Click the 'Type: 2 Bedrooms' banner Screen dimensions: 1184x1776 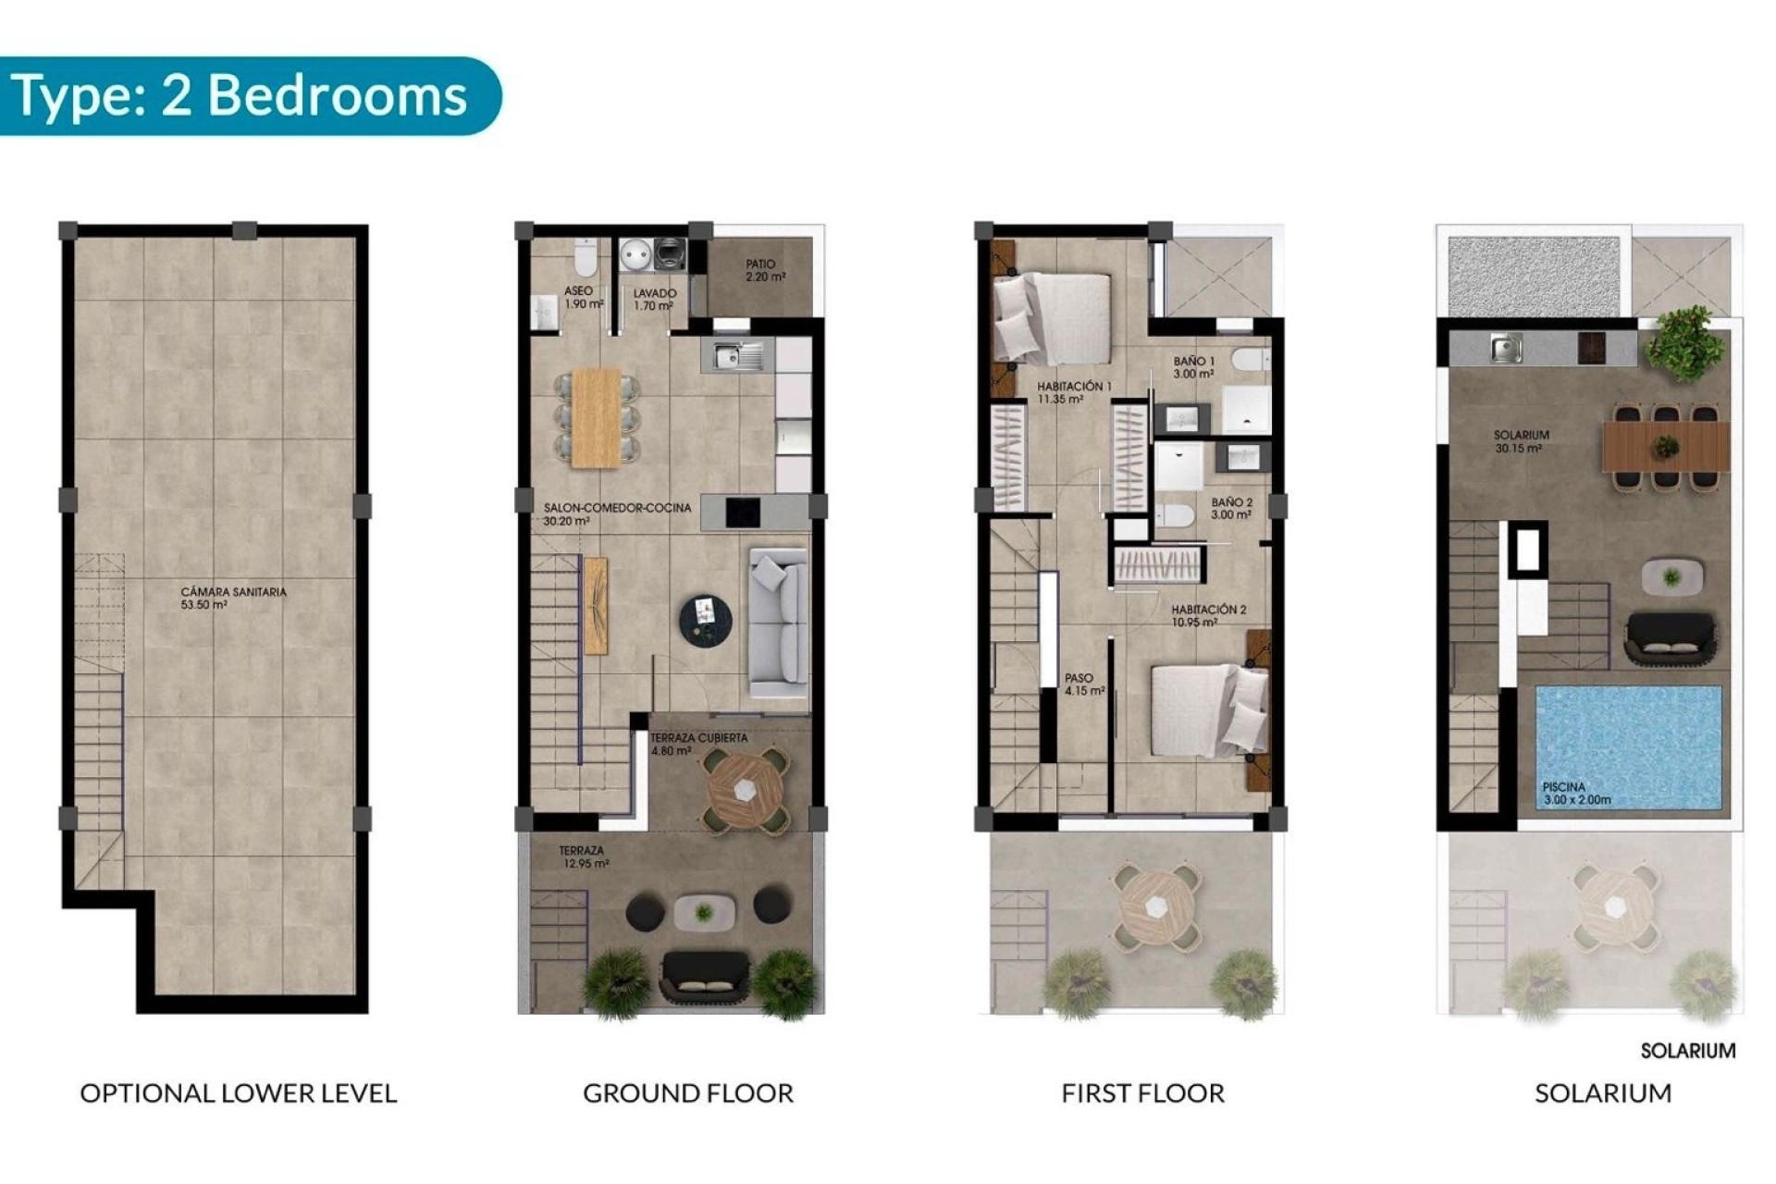[240, 96]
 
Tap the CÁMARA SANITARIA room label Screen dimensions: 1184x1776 [233, 598]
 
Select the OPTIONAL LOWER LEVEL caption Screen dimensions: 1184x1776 [239, 1093]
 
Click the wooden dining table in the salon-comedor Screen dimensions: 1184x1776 [597, 417]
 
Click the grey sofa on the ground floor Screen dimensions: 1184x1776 [778, 623]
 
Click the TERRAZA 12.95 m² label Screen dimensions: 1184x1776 [583, 857]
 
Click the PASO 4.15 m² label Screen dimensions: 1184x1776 [1083, 684]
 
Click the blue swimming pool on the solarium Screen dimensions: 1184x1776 [1628, 746]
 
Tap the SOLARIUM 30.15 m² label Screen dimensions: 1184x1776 [1520, 441]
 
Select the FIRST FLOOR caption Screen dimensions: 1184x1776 [1142, 1093]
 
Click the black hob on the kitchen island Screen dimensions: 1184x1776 [743, 512]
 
